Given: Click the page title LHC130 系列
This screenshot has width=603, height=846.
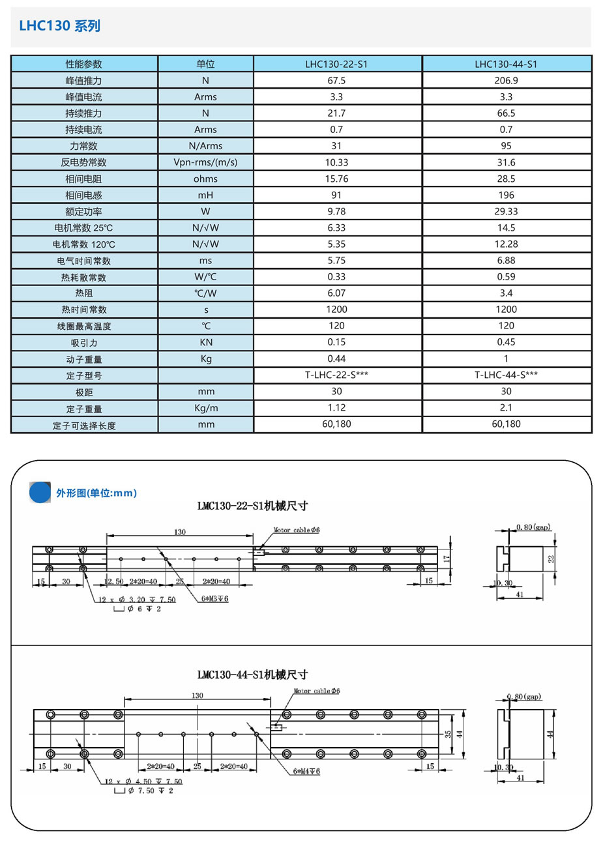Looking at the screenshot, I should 59,26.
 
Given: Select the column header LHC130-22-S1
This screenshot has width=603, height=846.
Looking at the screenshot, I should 336,64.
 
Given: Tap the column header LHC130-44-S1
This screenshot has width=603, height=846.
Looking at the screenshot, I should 506,64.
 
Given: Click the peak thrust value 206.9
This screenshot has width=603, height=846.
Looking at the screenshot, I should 506,81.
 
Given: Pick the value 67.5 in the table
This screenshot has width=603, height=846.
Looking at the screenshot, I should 336,81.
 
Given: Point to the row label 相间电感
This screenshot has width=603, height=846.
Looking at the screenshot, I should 83,195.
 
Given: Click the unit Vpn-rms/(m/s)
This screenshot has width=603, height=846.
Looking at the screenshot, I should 205,162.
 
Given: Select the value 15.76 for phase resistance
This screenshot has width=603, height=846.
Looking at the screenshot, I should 336,179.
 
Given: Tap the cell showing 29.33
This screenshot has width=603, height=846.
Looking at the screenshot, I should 506,211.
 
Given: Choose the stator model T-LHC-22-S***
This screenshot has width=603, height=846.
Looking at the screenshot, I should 336,375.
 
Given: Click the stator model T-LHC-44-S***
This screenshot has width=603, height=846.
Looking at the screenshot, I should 506,375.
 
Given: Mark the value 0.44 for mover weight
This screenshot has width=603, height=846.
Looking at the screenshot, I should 336,358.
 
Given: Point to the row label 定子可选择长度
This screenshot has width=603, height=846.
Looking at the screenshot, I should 84,425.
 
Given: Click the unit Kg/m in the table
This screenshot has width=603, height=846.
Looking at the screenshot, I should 205,408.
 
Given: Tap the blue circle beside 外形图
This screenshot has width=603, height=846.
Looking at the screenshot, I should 40,492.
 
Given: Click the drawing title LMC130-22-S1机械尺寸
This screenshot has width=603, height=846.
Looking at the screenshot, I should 252,506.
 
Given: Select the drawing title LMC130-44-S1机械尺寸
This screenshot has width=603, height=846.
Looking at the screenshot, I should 252,675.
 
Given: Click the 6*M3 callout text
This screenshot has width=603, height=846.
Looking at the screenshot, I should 214,599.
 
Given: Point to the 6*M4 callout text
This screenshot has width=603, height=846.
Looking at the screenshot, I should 306,771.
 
